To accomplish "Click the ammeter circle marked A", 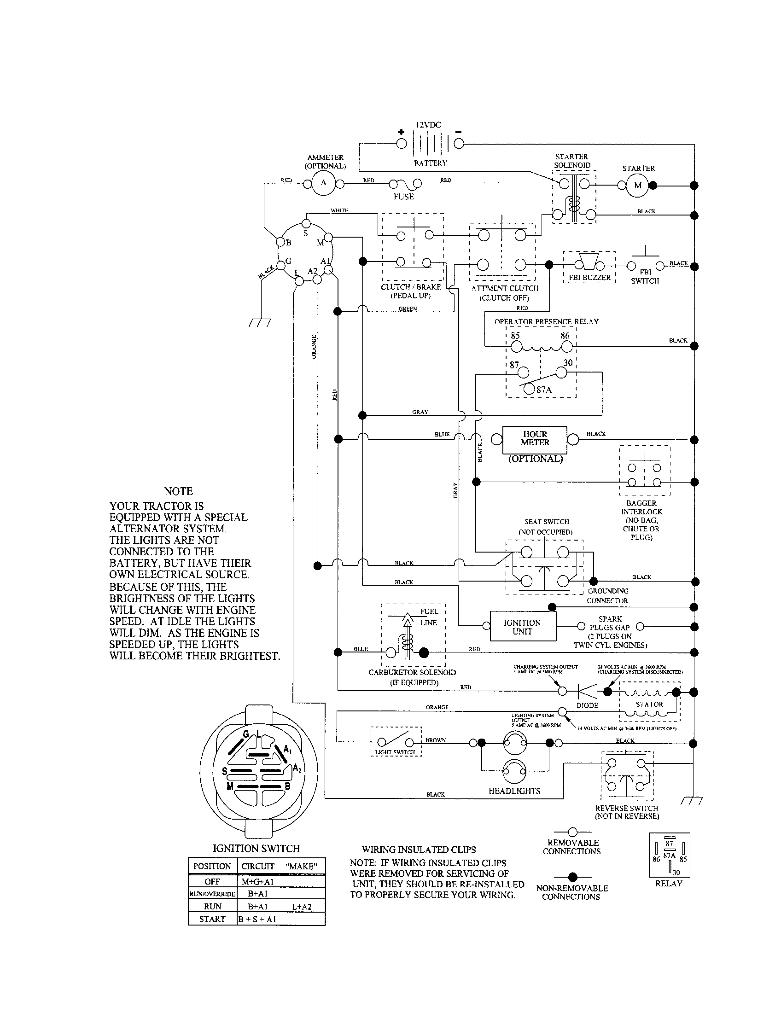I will [x=324, y=183].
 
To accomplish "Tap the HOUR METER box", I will [x=535, y=439].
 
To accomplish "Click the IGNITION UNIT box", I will [x=522, y=627].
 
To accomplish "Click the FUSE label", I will [x=403, y=197].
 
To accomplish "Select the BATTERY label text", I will [x=431, y=163].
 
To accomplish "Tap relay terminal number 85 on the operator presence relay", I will [x=515, y=336].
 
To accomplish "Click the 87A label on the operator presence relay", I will [x=544, y=390].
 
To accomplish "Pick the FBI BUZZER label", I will [x=589, y=278].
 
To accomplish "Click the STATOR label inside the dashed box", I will [x=649, y=704].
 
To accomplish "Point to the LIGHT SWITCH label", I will [x=395, y=752].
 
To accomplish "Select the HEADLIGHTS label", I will [x=514, y=791].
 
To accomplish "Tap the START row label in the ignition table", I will [x=212, y=919].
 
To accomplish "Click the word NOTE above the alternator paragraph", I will [x=178, y=491].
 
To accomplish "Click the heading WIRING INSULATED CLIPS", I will [x=418, y=850].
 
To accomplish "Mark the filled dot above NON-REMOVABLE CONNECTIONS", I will [x=573, y=877].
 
